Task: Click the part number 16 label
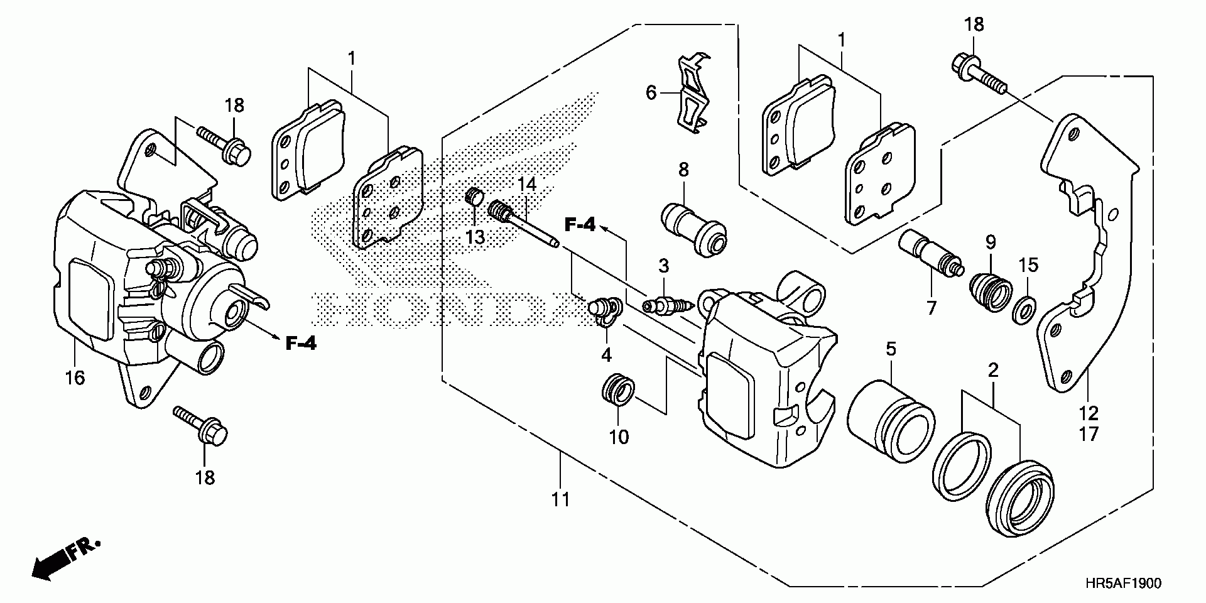pos(75,378)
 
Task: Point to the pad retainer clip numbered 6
pos(693,95)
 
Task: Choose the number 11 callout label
pos(560,499)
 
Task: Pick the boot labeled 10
pos(618,391)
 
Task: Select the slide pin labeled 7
pos(930,252)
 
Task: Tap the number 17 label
pos(1089,433)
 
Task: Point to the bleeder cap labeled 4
pos(604,313)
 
